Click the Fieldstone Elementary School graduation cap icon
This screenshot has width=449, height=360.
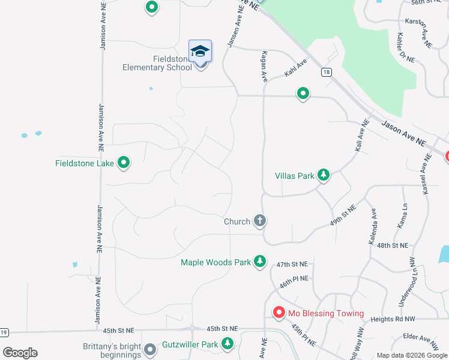200,52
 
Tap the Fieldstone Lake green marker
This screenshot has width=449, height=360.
124,162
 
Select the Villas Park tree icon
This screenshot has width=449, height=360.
324,175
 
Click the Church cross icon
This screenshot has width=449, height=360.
260,221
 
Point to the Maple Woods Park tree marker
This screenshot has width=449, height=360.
259,262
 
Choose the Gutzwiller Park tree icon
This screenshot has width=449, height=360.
228,344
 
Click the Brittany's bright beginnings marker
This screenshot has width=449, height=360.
151,348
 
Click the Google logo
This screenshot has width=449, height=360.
20,353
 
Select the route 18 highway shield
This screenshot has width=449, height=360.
326,72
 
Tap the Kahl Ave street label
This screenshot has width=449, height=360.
295,67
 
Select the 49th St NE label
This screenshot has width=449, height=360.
343,215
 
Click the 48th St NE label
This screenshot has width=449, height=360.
393,245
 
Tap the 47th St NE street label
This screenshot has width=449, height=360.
292,264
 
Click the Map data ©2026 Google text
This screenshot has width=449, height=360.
411,355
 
